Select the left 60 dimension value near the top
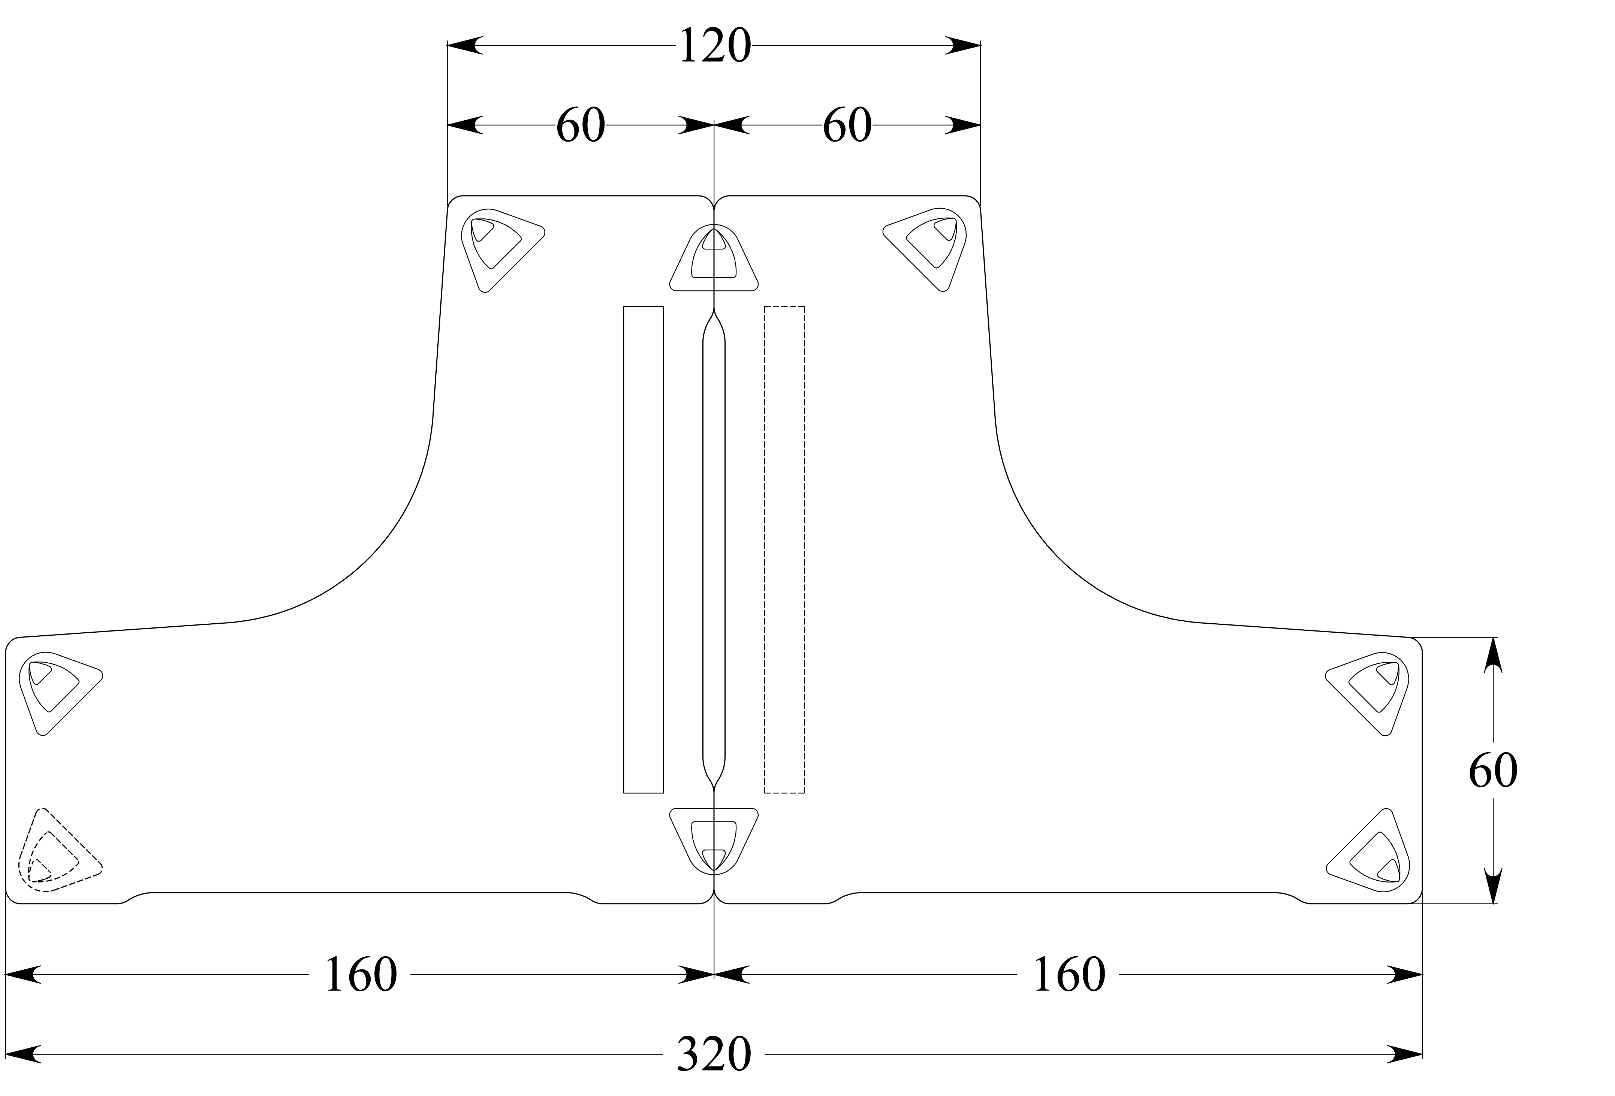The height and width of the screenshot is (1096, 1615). [580, 126]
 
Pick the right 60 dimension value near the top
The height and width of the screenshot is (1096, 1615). [846, 126]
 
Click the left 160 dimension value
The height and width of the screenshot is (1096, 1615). [360, 975]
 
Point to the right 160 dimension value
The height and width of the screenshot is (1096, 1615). [1068, 975]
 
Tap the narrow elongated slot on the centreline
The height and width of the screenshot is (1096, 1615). [714, 549]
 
